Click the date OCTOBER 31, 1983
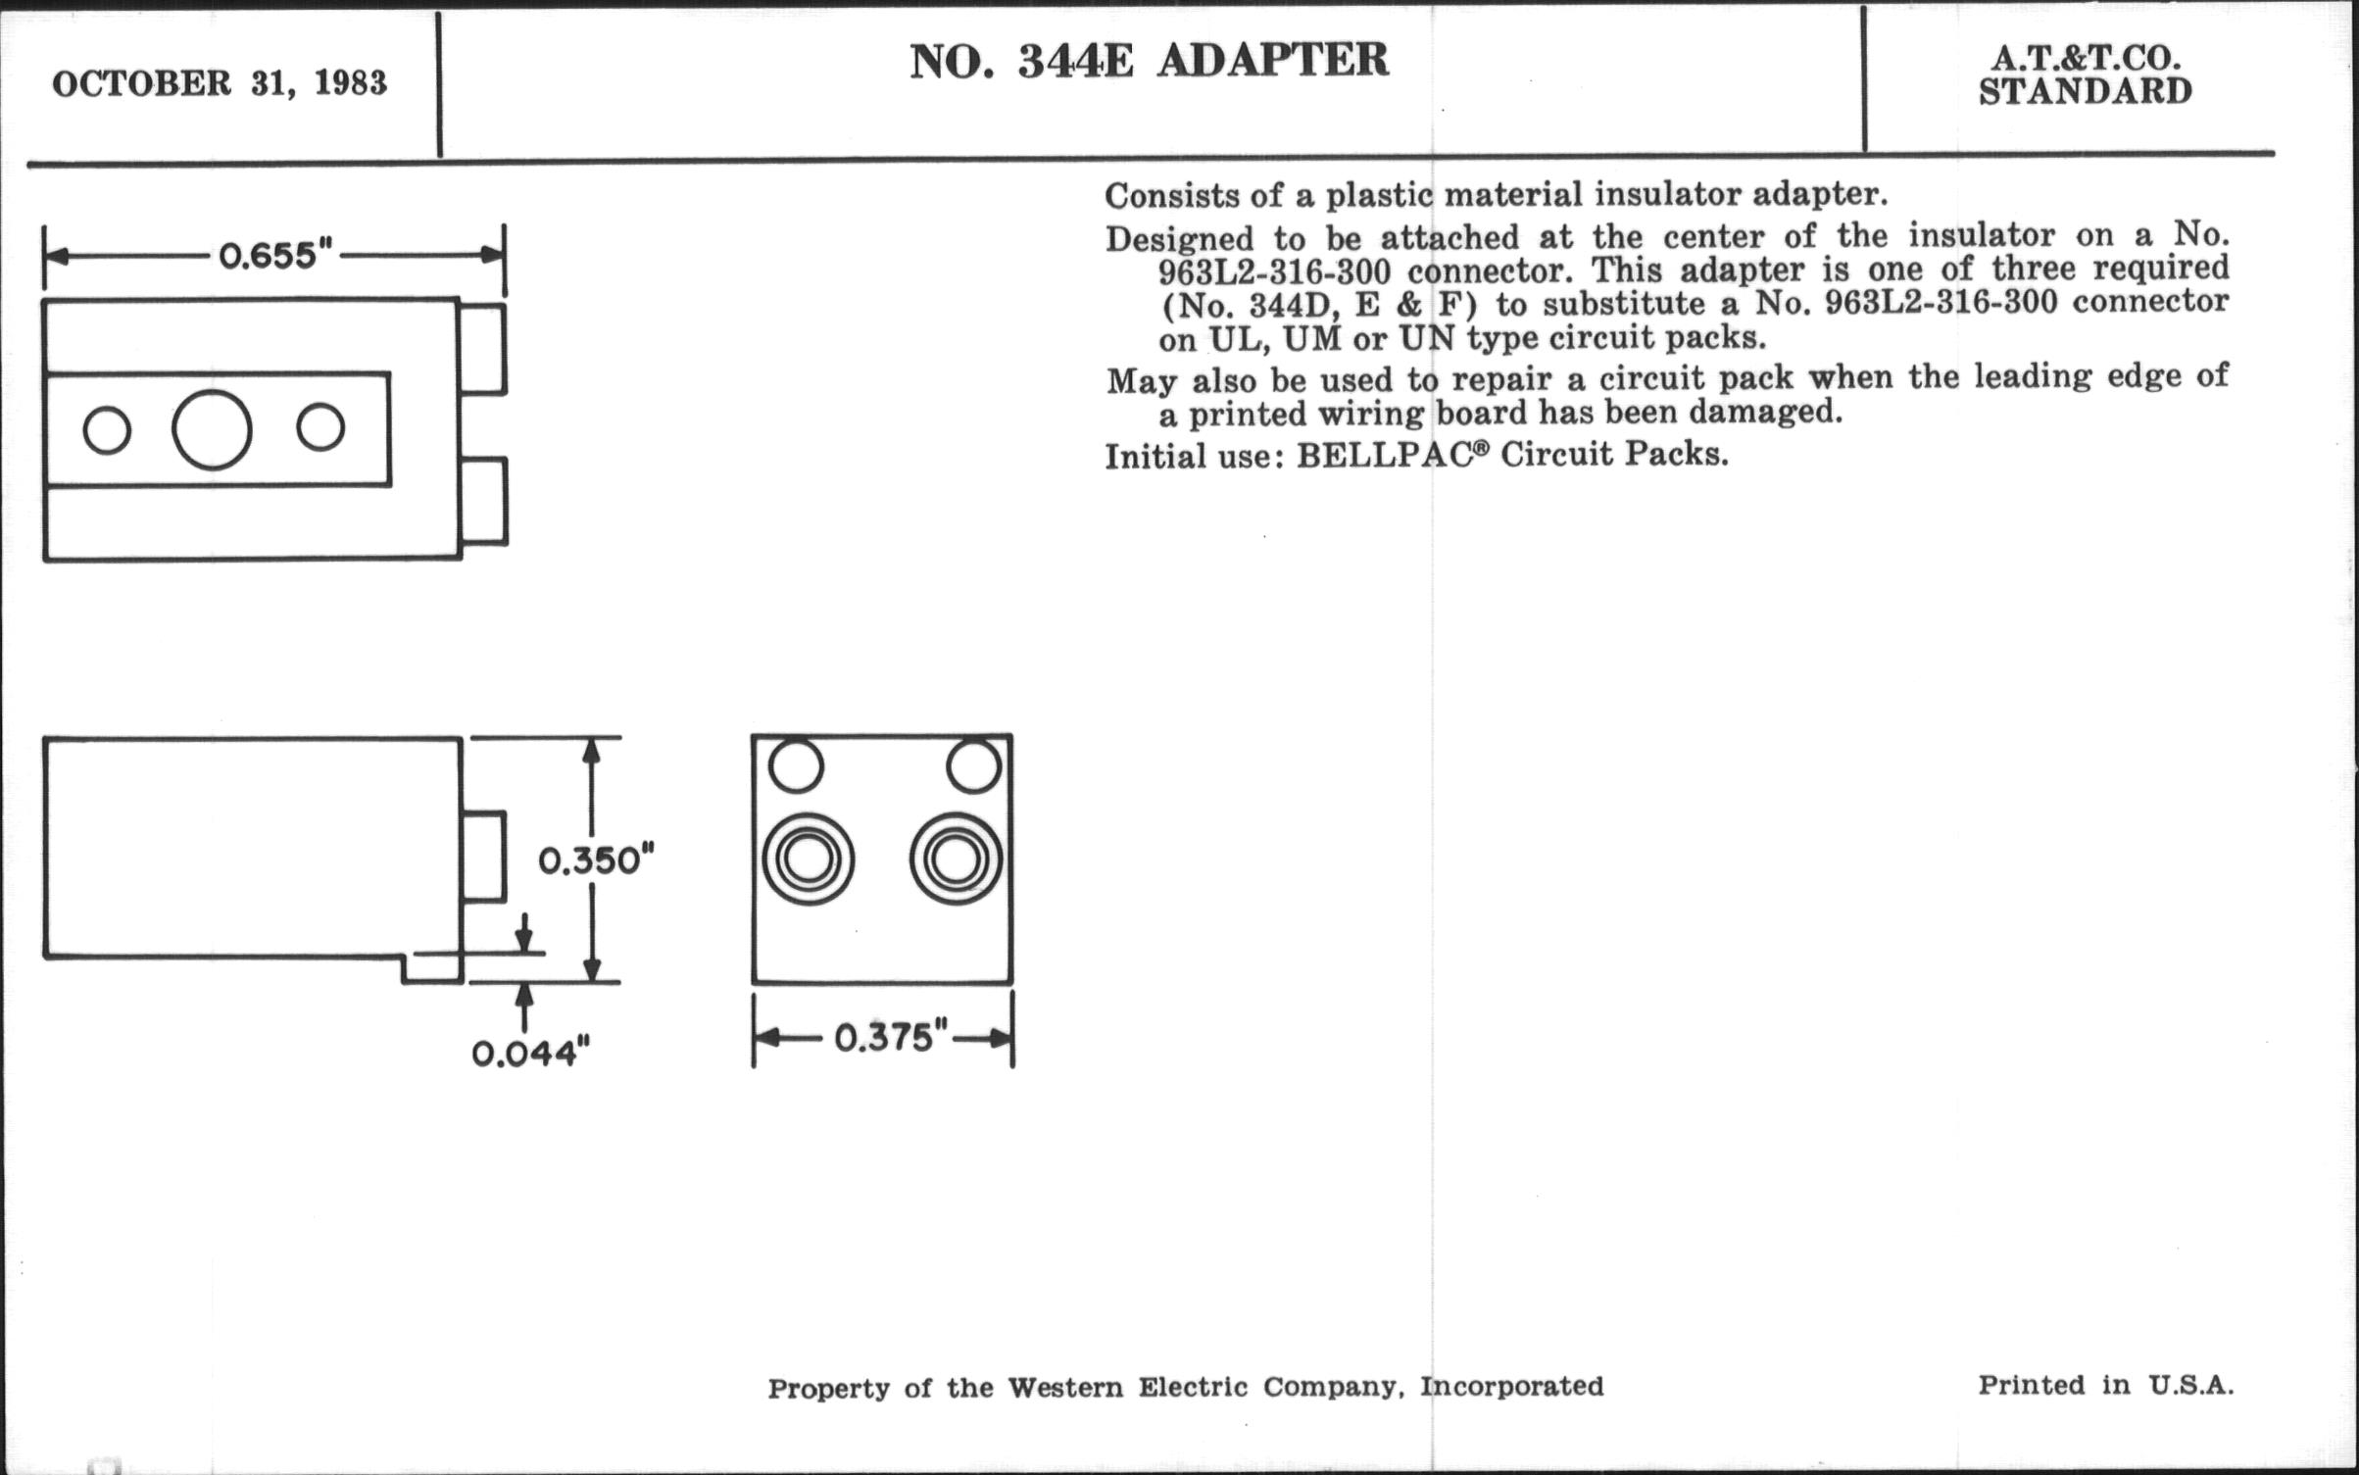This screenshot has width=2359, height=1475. coord(220,84)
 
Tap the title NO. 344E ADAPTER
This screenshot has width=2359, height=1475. coord(1149,61)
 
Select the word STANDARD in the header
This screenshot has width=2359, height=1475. coord(2086,92)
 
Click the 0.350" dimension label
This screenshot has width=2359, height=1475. coord(596,860)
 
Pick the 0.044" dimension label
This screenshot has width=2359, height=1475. coord(531,1055)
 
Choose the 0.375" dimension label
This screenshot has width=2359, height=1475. coord(891,1037)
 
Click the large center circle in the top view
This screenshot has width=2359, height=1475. coord(212,429)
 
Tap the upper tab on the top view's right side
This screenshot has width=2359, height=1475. coord(483,349)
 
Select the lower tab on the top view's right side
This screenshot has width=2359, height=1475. coord(484,501)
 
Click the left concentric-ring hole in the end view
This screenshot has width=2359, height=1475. coord(809,860)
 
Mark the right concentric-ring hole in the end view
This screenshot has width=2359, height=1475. coord(957,860)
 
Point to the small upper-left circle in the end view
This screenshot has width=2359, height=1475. coord(796,765)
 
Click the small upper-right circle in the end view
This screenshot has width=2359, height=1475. coord(974,765)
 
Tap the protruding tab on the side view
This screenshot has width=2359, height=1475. coord(483,856)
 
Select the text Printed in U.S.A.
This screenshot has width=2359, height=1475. coord(2105,1385)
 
